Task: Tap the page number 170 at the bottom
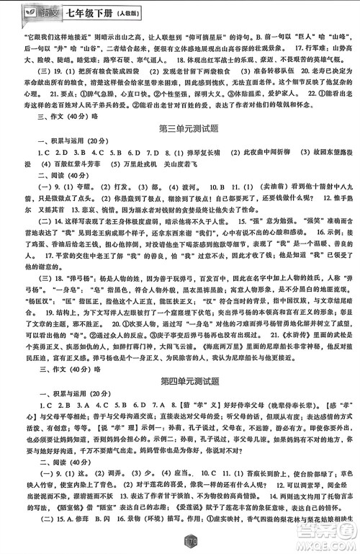point(181,538)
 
